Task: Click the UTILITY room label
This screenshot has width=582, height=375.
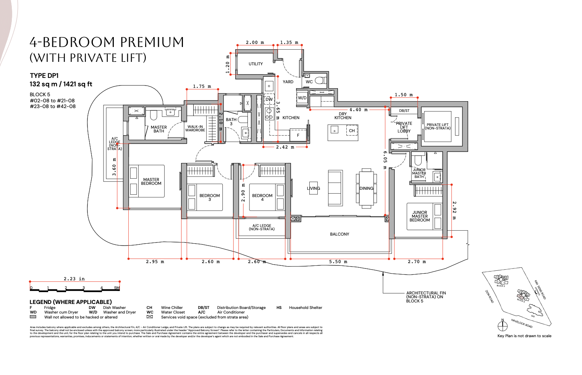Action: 255,64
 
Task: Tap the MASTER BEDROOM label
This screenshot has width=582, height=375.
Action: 151,181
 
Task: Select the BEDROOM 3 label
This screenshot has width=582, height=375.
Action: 209,197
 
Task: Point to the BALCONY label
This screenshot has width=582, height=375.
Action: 339,234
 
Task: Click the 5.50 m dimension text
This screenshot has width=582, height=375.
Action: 338,262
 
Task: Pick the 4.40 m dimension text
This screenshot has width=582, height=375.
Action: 358,110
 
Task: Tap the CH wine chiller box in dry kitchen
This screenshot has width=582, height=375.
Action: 352,131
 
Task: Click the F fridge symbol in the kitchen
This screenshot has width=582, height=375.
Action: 298,135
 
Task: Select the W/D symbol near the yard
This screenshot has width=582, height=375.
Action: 302,98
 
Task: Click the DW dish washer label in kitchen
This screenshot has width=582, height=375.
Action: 269,99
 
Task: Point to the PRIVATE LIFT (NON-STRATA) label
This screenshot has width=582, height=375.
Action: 437,126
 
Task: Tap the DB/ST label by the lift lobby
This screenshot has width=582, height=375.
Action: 404,111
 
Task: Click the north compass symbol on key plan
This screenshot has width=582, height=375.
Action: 502,326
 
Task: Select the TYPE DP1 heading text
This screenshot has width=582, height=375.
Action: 44,76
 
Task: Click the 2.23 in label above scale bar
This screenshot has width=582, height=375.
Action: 74,279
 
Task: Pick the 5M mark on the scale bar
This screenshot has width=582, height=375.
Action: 117,288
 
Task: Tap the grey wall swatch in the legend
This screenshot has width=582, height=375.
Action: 33,317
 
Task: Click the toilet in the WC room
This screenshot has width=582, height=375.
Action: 320,80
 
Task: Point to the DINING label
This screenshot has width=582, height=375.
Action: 366,188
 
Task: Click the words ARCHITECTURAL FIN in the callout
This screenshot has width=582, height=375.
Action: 426,293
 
